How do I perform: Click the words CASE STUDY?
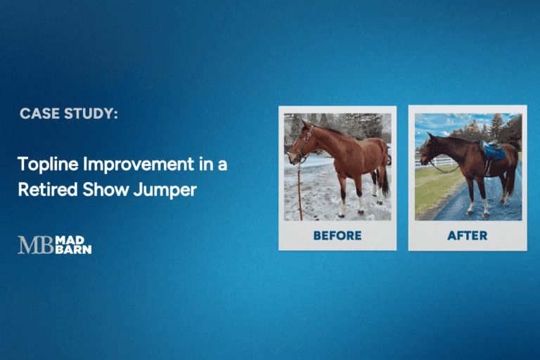click(68, 113)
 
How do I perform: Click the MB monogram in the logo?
click(34, 245)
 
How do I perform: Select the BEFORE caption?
click(337, 236)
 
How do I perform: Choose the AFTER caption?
click(467, 236)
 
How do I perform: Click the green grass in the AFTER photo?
click(432, 193)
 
